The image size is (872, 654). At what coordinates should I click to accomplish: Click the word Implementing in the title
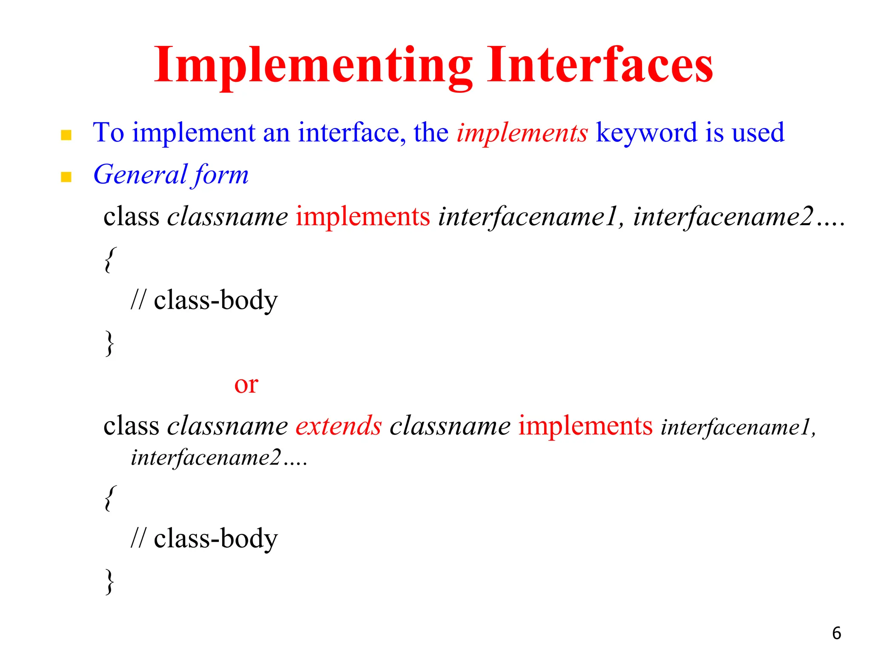point(313,66)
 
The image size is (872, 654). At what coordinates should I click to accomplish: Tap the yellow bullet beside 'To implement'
point(66,135)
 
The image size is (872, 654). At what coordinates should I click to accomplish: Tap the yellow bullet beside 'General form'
point(66,177)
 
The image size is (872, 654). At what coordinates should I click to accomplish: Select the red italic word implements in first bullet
point(522,133)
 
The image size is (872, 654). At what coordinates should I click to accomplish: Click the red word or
point(246,384)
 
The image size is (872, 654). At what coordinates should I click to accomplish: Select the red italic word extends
point(338,426)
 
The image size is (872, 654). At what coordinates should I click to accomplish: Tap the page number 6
point(836,633)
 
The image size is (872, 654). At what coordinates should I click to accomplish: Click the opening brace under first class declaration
point(110,260)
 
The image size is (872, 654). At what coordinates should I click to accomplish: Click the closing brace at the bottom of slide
point(110,582)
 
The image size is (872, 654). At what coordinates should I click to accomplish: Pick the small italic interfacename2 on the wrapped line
point(206,458)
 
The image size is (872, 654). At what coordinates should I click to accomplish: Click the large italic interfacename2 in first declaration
point(723,216)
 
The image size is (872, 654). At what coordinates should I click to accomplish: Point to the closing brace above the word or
point(110,343)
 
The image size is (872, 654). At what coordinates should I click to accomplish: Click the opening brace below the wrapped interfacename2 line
point(110,498)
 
